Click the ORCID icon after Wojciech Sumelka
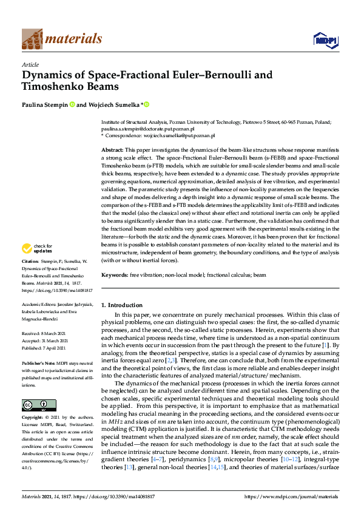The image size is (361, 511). coord(146,104)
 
